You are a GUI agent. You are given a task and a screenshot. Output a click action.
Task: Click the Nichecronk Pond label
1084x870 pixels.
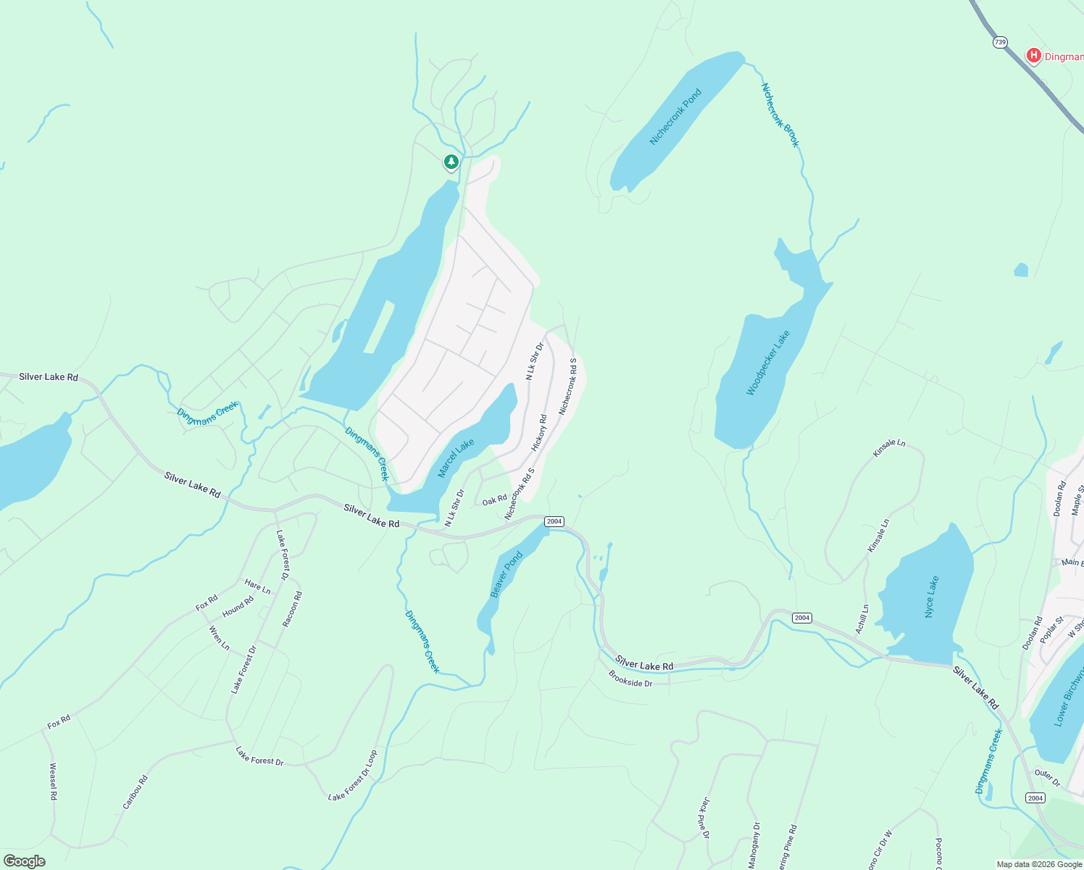tap(675, 117)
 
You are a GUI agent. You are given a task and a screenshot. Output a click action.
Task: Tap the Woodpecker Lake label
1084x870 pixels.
tap(767, 363)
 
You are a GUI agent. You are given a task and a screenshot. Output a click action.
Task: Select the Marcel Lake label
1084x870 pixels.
tap(456, 458)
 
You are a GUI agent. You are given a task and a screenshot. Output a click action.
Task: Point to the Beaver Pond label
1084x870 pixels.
tap(506, 575)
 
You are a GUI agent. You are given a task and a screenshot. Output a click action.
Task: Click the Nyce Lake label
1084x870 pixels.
tap(932, 597)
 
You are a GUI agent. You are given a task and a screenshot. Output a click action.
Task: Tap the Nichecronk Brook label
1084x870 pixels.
tap(780, 115)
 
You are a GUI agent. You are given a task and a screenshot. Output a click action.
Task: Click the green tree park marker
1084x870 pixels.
tap(451, 162)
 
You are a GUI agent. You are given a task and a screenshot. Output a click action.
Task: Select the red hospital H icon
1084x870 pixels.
tap(1034, 55)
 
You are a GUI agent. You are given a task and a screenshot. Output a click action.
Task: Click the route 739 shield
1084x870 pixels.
tap(1000, 43)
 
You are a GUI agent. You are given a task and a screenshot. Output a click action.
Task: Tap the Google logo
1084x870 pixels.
tap(24, 861)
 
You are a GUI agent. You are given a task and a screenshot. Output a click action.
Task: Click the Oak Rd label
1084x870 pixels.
tap(495, 500)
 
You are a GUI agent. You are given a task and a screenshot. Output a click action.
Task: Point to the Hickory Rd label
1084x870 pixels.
tap(539, 433)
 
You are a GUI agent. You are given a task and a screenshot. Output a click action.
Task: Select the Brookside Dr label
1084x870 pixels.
tap(630, 679)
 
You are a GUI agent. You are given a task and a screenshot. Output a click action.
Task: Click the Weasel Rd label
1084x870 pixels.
tap(53, 781)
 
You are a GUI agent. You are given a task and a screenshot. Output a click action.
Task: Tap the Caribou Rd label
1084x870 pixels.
tap(135, 792)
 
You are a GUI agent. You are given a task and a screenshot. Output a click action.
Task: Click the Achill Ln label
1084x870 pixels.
tap(862, 619)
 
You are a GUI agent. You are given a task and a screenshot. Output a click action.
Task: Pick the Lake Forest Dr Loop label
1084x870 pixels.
tap(353, 776)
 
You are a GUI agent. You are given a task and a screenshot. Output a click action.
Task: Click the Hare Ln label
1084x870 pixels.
tap(257, 587)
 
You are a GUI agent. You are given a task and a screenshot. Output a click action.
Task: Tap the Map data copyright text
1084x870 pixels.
tap(1039, 864)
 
